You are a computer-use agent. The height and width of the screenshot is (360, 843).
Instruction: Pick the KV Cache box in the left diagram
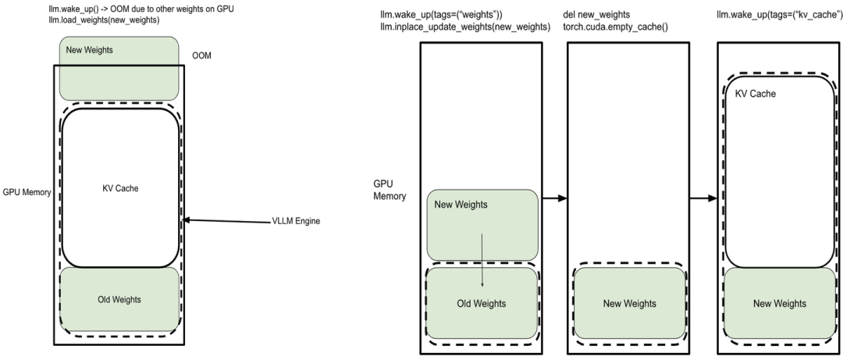119,187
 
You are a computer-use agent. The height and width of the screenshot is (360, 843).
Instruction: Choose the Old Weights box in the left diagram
119,299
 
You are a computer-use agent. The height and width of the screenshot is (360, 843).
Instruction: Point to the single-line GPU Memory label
27,191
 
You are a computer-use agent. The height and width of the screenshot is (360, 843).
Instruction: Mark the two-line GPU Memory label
390,190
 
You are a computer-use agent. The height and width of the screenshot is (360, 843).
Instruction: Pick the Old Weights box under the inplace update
482,303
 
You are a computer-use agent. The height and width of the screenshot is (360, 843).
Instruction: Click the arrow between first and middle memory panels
553,198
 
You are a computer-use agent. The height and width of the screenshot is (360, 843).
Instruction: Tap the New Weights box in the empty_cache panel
629,303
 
